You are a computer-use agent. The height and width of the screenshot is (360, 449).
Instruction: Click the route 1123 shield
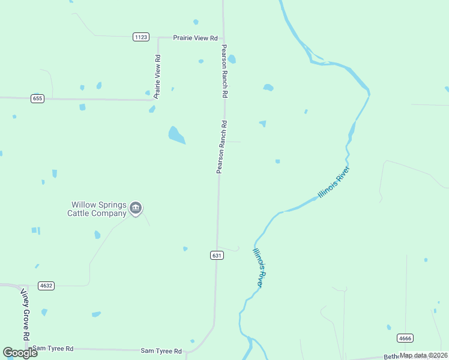(x=141, y=37)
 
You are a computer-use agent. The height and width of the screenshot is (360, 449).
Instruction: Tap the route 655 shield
(x=37, y=98)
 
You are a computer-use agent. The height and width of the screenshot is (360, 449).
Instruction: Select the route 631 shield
(x=217, y=256)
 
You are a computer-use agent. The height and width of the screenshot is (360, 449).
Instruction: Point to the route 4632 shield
(x=46, y=286)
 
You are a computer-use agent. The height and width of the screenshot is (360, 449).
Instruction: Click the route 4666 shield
(x=405, y=338)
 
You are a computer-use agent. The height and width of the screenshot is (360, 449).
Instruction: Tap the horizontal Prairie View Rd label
(x=195, y=38)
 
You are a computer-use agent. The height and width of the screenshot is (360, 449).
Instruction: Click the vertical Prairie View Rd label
(x=157, y=76)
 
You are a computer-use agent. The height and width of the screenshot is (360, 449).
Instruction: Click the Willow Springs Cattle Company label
(x=99, y=209)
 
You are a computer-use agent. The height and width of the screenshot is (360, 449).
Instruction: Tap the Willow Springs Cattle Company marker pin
(x=136, y=208)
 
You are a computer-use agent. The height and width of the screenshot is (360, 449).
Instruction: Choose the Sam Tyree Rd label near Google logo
(x=53, y=348)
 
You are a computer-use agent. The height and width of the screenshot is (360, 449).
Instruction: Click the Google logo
(x=20, y=353)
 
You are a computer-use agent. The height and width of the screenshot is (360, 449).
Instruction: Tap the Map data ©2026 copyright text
(x=423, y=355)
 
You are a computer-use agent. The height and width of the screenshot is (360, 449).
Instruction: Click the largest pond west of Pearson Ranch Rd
(x=176, y=135)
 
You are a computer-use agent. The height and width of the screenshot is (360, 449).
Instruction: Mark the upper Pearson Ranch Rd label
(x=224, y=71)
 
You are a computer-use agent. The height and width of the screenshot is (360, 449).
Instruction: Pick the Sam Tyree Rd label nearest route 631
(x=161, y=350)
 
